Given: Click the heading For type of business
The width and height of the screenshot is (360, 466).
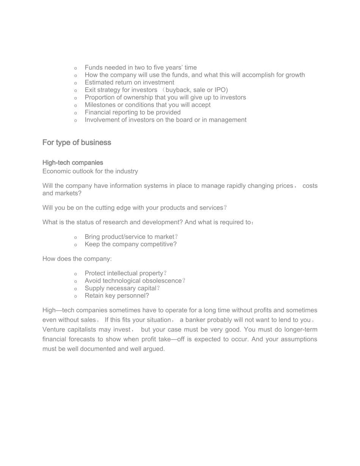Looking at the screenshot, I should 77,142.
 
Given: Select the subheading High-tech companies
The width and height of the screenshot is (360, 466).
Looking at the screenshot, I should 72,163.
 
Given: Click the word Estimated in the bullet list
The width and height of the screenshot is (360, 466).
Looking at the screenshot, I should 99,82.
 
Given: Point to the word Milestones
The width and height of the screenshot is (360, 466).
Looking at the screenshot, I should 100,105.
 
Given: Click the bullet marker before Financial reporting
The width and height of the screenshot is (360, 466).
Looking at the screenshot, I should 75,113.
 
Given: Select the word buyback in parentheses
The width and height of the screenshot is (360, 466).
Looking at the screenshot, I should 178,90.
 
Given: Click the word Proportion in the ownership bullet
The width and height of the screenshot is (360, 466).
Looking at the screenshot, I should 100,97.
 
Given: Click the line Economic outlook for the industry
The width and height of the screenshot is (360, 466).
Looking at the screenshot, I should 90,171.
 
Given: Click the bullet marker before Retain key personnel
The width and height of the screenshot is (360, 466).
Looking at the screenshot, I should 75,296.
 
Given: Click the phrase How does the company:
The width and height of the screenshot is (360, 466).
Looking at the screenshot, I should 77,259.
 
